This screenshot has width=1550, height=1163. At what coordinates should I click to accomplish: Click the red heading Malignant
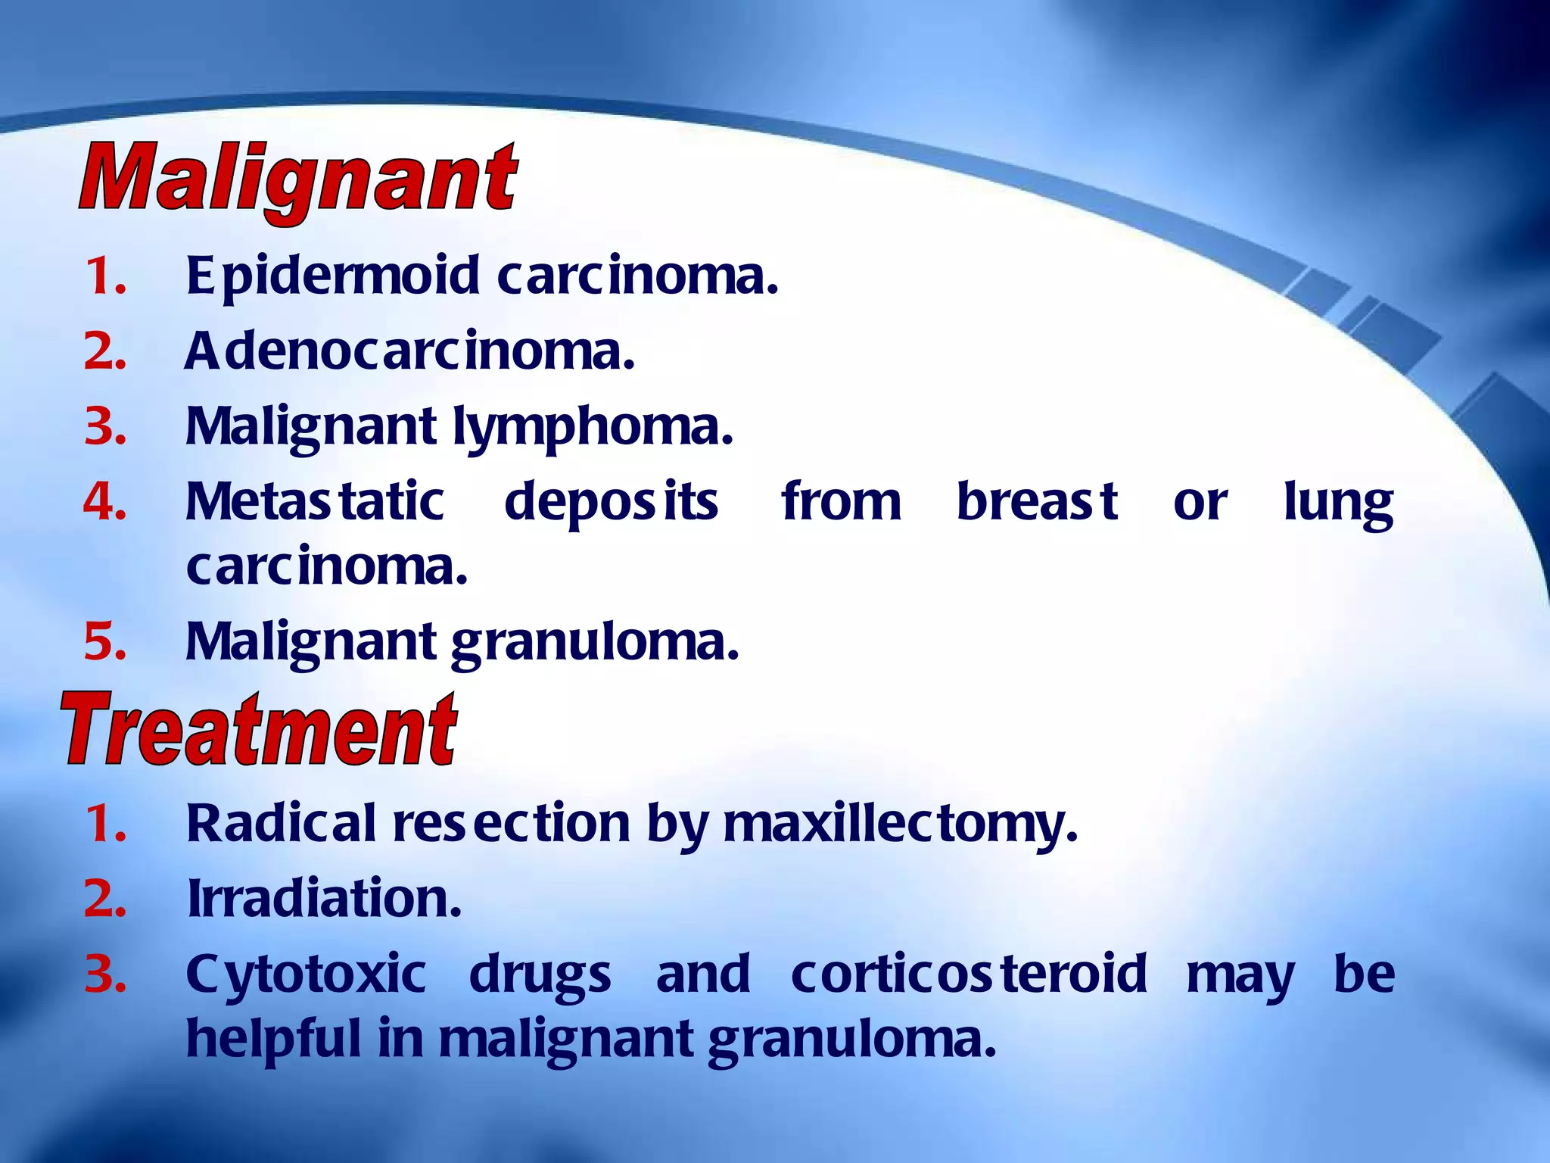(x=297, y=180)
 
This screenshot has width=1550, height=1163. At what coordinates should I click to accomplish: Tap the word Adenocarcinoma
(x=409, y=352)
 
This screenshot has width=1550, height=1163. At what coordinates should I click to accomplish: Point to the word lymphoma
(x=593, y=428)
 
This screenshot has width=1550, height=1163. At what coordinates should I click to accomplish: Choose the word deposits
(x=611, y=504)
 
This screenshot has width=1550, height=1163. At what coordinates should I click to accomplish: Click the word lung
(x=1338, y=504)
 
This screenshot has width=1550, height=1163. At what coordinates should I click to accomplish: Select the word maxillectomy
(x=900, y=825)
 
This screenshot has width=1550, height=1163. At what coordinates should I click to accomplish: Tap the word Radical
(x=281, y=823)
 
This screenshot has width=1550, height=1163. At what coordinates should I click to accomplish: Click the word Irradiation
(x=324, y=899)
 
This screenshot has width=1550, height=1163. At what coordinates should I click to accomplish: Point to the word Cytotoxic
(x=306, y=976)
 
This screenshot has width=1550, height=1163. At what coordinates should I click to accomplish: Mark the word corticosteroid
(x=969, y=974)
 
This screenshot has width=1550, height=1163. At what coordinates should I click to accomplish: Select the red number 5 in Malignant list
(x=104, y=642)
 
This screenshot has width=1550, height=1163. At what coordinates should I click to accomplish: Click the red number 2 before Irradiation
(x=104, y=899)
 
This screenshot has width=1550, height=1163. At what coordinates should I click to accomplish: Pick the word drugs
(x=540, y=976)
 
